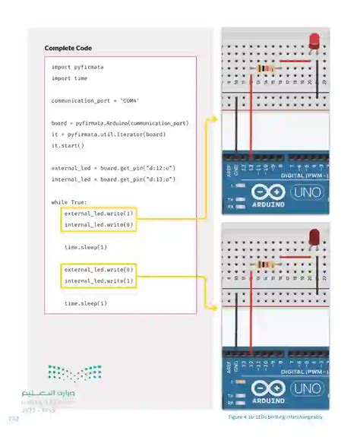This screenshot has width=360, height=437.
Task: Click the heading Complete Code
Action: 68,49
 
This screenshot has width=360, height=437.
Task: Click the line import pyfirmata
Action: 77,67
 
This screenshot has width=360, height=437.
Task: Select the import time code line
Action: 69,78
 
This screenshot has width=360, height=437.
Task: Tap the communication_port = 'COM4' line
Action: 96,100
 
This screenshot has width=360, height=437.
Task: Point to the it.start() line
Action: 68,145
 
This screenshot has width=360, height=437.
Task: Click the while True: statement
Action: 69,201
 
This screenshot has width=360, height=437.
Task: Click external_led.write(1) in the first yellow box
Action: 99,214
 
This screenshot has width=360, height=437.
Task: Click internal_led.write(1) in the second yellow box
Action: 99,281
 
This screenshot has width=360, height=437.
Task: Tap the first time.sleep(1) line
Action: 86,247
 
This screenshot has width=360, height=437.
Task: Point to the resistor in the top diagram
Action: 267,69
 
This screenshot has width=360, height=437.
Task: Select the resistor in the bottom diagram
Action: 267,264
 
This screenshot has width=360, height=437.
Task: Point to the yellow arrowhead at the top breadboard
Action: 215,119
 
